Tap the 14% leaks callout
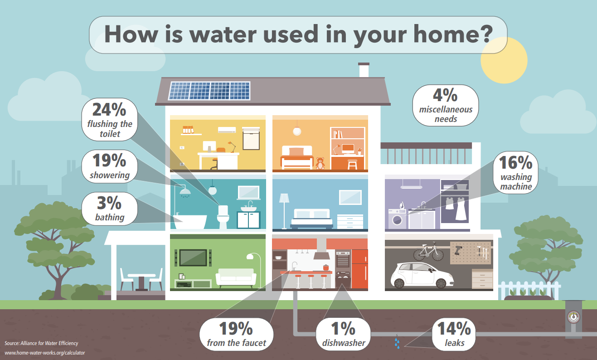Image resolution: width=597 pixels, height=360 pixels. (454, 334)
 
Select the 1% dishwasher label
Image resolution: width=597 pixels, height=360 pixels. (343, 334)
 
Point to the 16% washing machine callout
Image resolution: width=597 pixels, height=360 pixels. (516, 173)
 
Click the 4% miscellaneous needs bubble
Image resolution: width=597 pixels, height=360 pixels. (445, 105)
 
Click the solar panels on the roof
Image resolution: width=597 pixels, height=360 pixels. (209, 90)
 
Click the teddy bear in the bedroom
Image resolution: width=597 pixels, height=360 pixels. (320, 163)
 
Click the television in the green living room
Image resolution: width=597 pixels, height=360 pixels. (193, 258)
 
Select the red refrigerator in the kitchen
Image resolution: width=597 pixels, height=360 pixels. (359, 268)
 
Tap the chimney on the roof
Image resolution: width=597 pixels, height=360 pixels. (364, 70)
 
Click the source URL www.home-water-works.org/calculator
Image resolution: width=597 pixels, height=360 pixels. (44, 352)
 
